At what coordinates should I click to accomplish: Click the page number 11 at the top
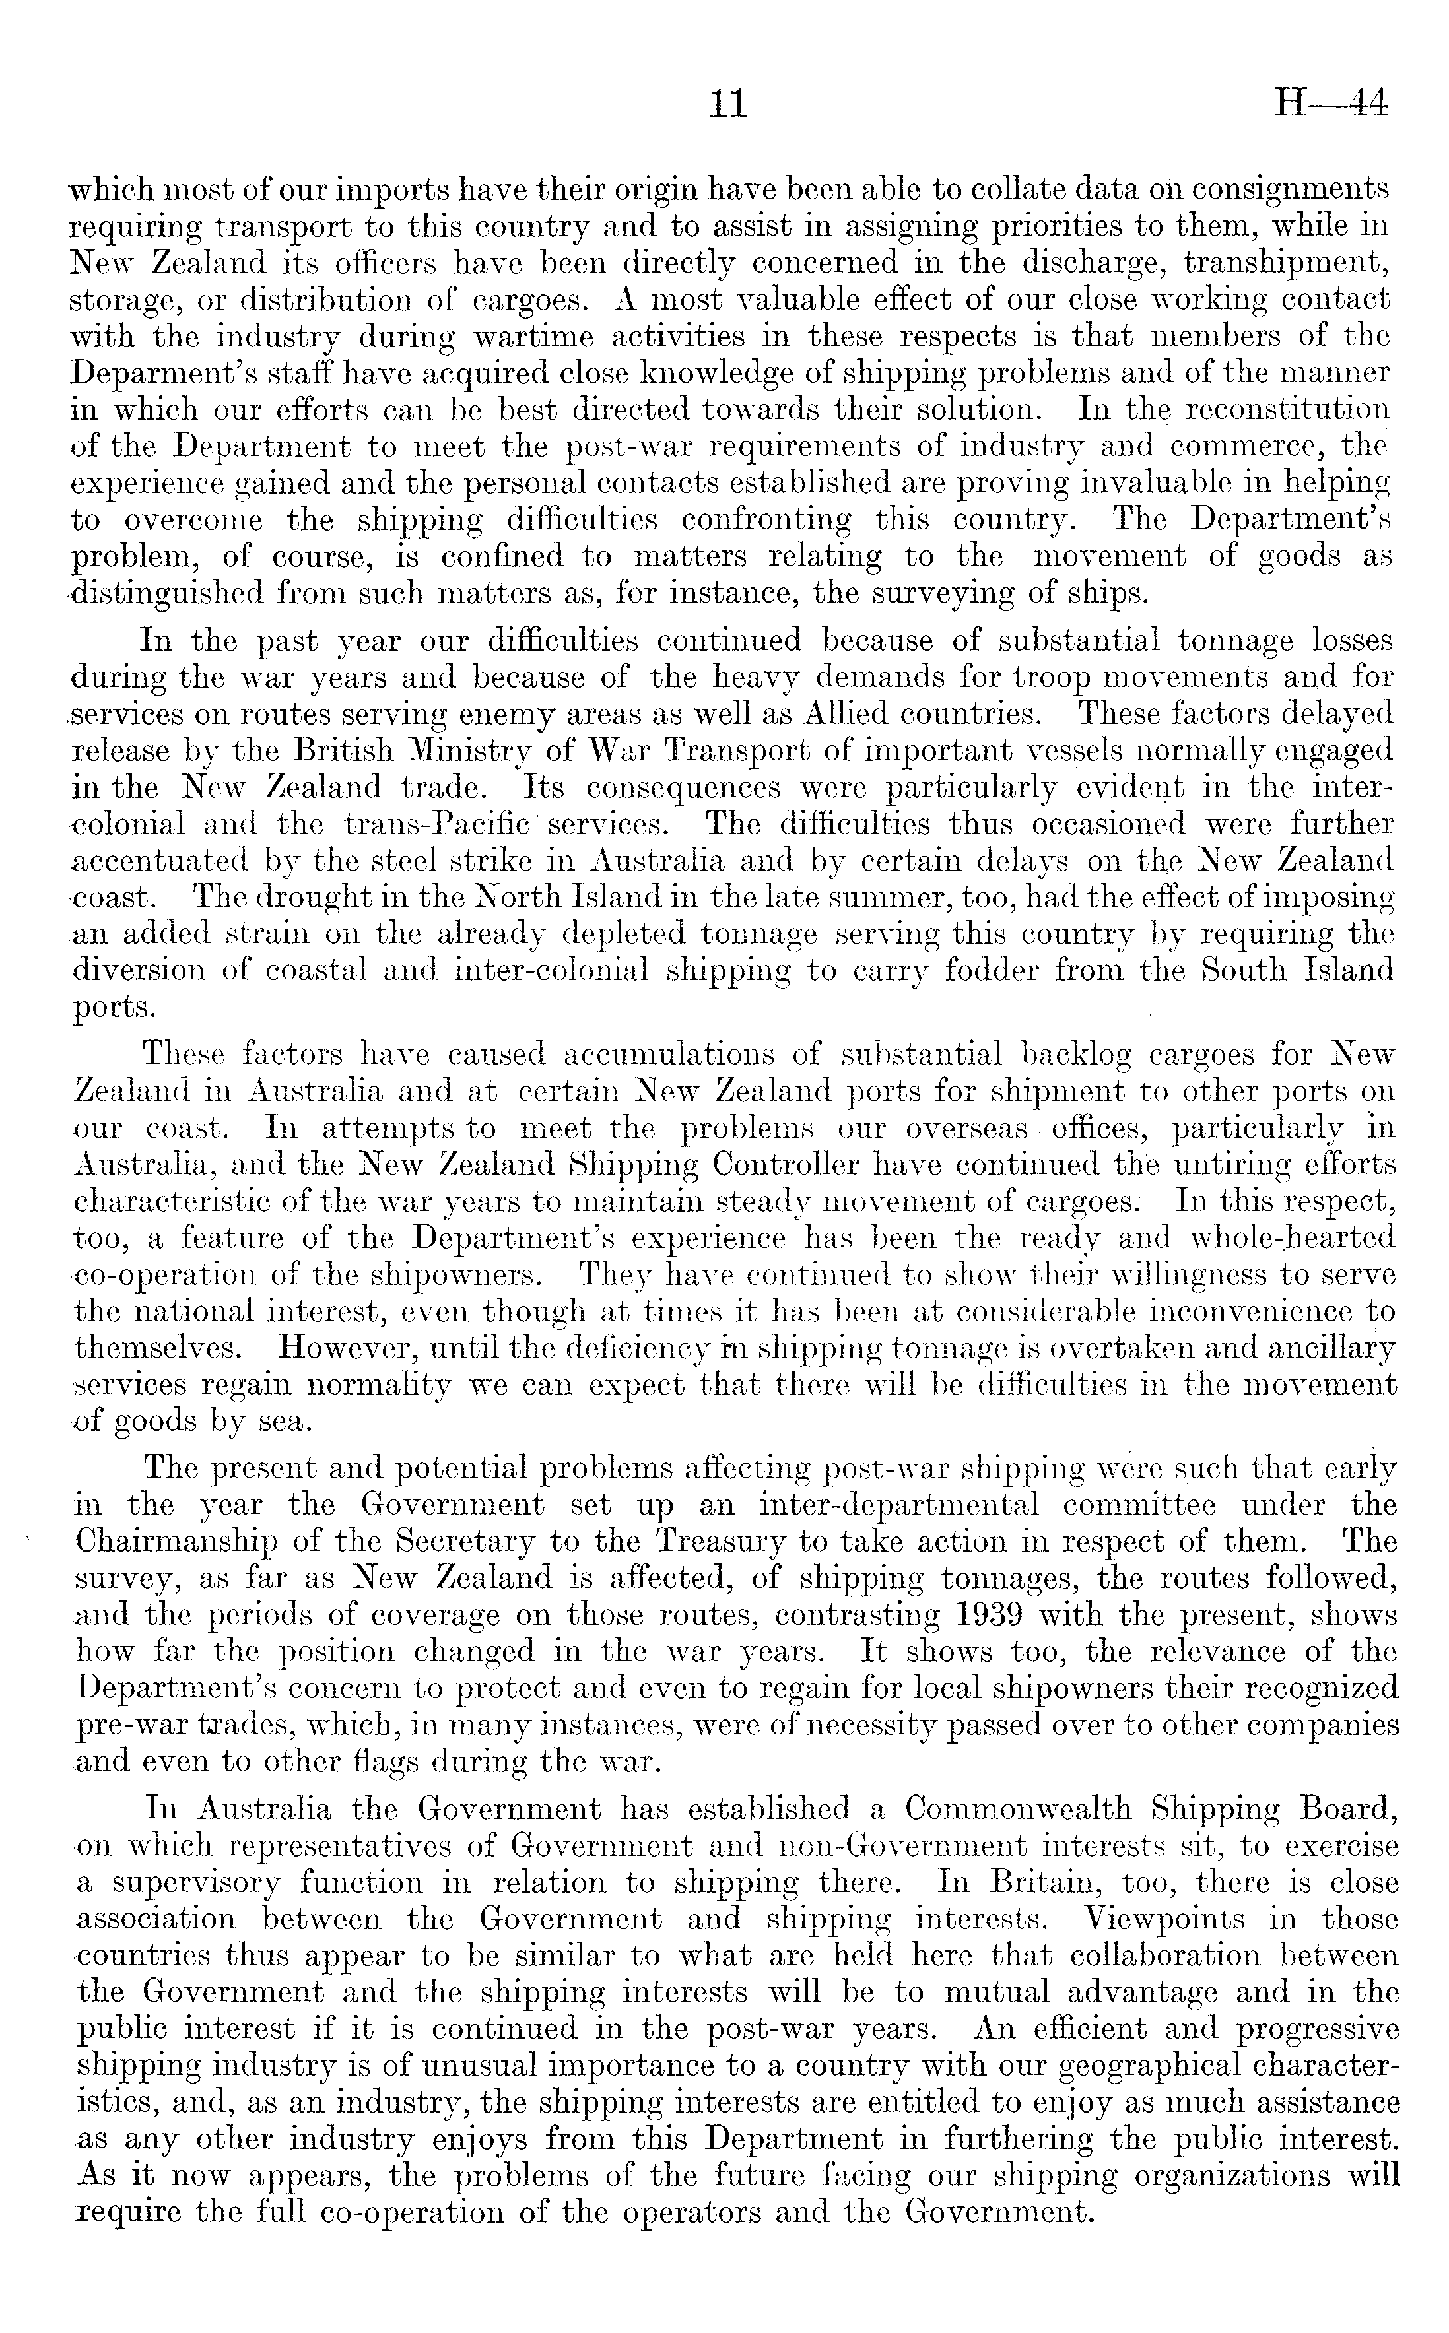[x=725, y=104]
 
